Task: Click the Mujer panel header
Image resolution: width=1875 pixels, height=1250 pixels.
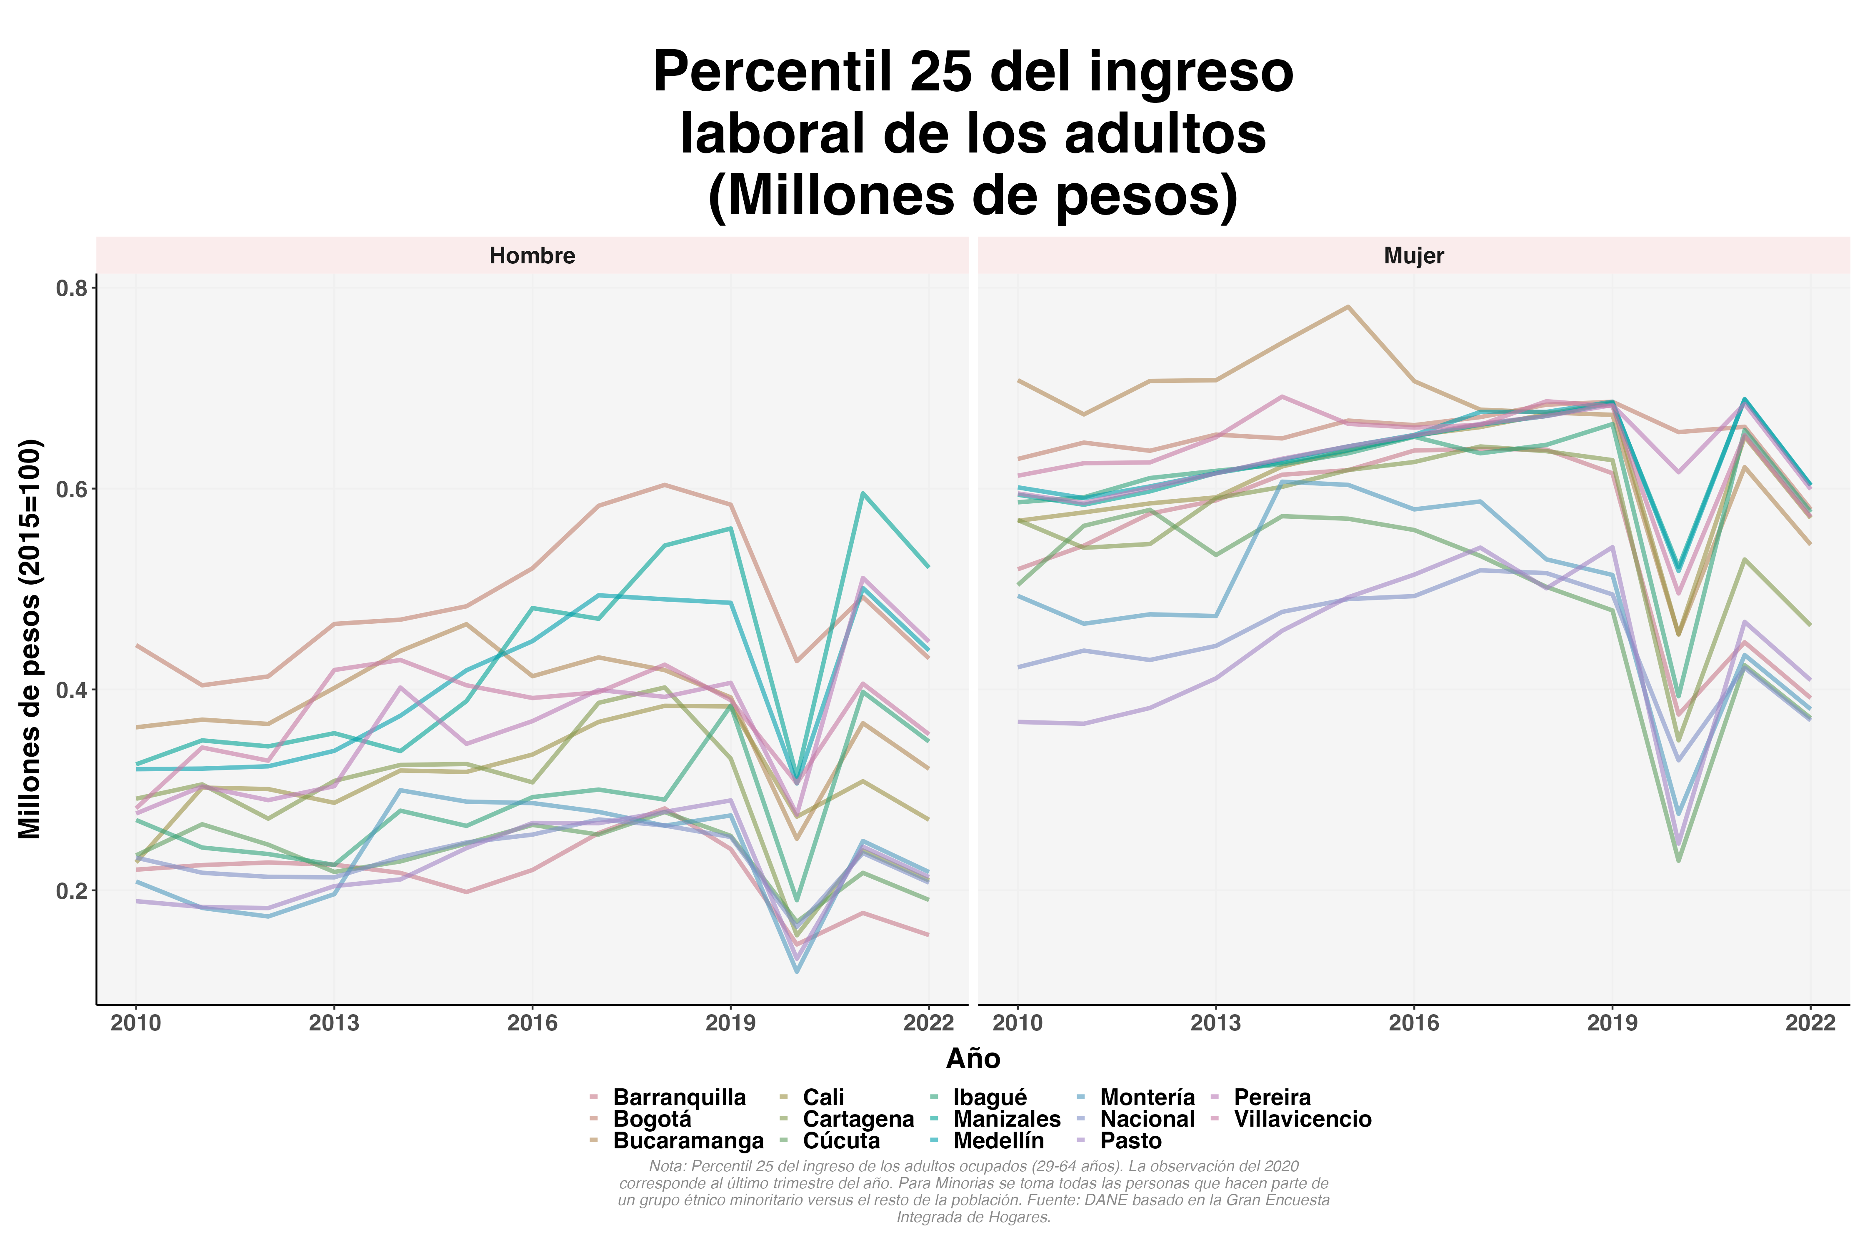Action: pos(1413,256)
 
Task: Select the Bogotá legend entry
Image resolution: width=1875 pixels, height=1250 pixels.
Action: pos(652,1119)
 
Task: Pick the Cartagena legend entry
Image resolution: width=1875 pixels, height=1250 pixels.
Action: pos(858,1119)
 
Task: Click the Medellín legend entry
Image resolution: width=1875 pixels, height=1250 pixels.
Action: pos(998,1141)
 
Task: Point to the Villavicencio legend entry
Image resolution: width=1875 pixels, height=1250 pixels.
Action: pos(1302,1119)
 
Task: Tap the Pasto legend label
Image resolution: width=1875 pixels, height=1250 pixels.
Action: pos(1130,1141)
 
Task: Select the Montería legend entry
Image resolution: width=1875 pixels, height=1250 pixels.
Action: pos(1147,1098)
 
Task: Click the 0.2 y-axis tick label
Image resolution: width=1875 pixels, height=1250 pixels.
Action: pos(72,890)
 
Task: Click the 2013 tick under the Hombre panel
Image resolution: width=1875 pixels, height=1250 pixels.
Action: pos(334,1023)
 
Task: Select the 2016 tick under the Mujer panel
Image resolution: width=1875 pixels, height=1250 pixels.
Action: pos(1413,1023)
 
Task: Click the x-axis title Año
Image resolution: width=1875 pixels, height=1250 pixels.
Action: pos(972,1059)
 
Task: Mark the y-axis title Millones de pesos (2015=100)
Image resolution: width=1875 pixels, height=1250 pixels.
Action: pos(30,639)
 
